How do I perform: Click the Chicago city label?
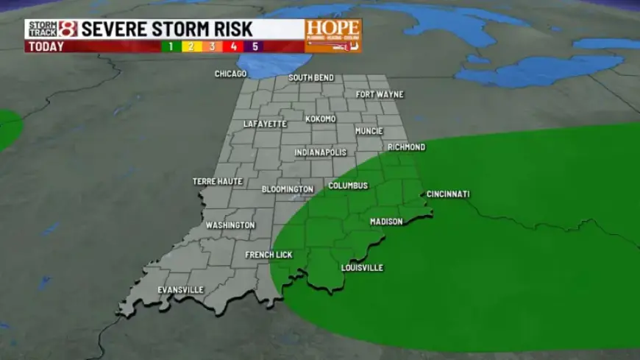tap(230, 74)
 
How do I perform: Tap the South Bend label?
tap(311, 77)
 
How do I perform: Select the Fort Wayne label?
tap(380, 94)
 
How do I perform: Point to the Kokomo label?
tap(321, 119)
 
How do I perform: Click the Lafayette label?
tap(265, 124)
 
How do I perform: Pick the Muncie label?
tap(369, 131)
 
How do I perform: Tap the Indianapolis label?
tap(320, 152)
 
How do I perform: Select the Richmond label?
tap(406, 147)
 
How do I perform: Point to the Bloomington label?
tap(288, 189)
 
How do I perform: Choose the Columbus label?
tap(348, 186)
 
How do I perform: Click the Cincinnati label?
tap(448, 194)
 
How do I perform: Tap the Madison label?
tap(386, 222)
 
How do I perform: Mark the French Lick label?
tap(269, 255)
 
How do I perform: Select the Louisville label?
tap(362, 267)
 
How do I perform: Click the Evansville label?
tap(180, 289)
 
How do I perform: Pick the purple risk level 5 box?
tap(255, 46)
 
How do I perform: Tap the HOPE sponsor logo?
tap(333, 35)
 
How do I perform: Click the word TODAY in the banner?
tap(45, 46)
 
